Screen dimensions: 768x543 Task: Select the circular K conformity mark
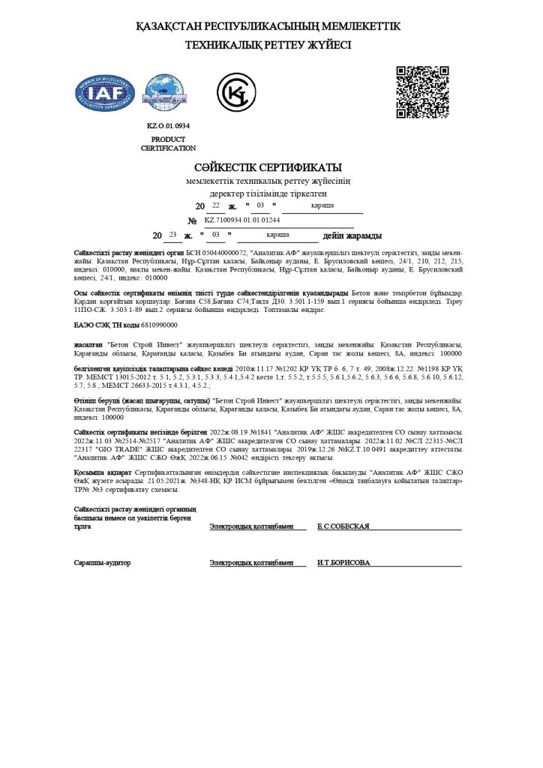pyautogui.click(x=235, y=94)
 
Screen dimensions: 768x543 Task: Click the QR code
pyautogui.click(x=422, y=92)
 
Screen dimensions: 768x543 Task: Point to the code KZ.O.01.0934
pyautogui.click(x=168, y=126)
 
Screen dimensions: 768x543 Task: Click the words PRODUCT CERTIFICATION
pyautogui.click(x=168, y=144)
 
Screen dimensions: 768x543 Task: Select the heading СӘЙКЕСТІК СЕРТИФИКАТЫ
pyautogui.click(x=268, y=166)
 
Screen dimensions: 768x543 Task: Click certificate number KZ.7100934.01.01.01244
pyautogui.click(x=241, y=220)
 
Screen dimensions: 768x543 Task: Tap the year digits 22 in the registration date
pyautogui.click(x=216, y=205)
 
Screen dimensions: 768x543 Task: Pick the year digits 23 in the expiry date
pyautogui.click(x=173, y=235)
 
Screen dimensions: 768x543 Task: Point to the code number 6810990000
pyautogui.click(x=160, y=325)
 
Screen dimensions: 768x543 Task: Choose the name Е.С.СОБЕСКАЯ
pyautogui.click(x=343, y=526)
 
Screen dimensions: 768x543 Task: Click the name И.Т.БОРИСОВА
pyautogui.click(x=343, y=562)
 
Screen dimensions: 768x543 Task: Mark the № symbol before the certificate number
pyautogui.click(x=192, y=220)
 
